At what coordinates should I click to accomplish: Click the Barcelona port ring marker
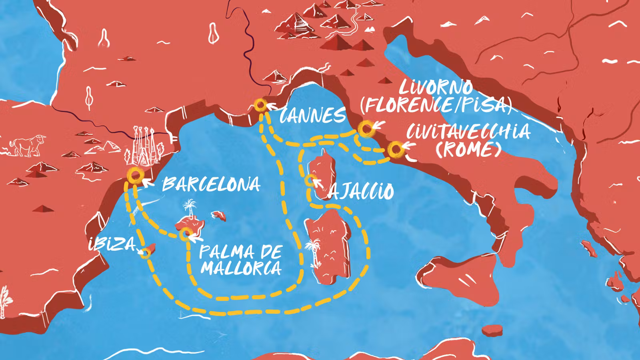[135, 175]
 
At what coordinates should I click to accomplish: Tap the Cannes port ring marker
[260, 106]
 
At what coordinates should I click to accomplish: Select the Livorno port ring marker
[365, 129]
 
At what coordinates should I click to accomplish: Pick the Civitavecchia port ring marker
[396, 150]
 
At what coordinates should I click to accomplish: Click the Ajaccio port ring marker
[310, 181]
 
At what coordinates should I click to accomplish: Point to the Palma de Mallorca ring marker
[185, 234]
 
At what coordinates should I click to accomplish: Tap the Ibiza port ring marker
[146, 253]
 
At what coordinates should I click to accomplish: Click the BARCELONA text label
[211, 185]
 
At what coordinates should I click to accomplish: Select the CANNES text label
[313, 116]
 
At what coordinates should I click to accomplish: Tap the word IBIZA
[112, 244]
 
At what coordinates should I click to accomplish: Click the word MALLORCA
[241, 267]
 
